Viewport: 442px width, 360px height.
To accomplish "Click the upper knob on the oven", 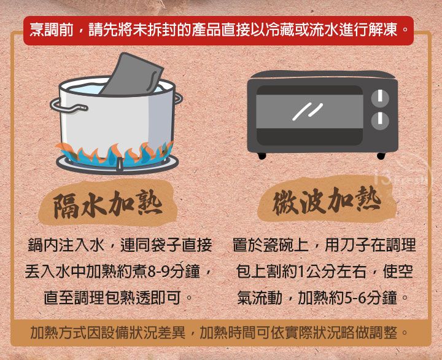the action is coord(380,98).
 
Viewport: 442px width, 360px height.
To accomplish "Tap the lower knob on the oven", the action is coord(380,120).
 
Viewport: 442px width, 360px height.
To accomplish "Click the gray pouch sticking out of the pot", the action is coord(133,75).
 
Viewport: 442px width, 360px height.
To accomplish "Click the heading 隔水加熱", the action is coord(107,204).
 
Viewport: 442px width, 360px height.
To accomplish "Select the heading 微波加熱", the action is coord(327,201).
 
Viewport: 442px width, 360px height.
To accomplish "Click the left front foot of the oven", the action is coord(262,156).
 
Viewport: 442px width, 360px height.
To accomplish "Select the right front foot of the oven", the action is coord(381,156).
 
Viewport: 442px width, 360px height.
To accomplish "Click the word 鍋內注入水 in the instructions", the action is coord(66,245).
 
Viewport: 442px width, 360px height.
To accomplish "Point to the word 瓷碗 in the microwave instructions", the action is coord(277,245).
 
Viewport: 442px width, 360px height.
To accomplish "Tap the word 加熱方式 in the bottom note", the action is coord(59,332).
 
